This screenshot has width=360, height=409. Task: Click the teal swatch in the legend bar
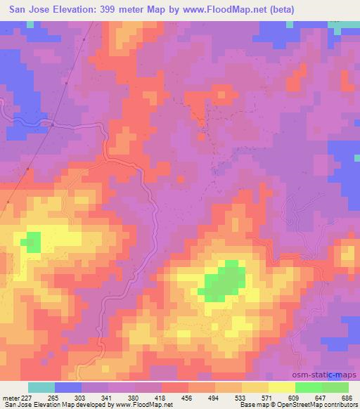pos(41,387)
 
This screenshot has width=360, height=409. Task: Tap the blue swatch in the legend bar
pos(68,387)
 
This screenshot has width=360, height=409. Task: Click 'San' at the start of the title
pos(20,9)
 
